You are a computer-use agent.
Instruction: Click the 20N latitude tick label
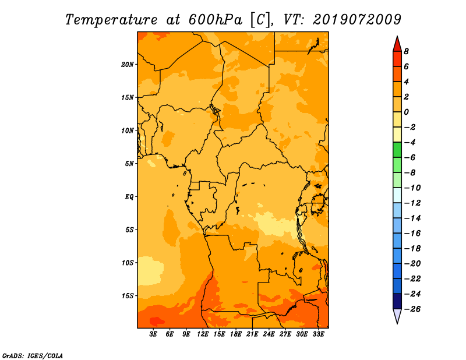point(128,65)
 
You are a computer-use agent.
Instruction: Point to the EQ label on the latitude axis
point(129,197)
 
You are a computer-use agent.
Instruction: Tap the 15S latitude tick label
point(128,296)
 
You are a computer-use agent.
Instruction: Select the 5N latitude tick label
point(129,164)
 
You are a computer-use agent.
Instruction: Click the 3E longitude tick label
point(153,334)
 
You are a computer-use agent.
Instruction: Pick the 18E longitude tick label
point(236,334)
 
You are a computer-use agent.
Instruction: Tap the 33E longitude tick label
point(318,334)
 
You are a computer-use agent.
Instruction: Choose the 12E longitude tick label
point(203,334)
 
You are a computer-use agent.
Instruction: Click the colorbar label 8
point(406,51)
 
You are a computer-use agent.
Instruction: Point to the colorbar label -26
point(412,309)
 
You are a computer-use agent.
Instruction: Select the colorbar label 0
point(406,112)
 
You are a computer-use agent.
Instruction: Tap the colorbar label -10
point(412,188)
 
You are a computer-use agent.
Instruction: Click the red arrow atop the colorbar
point(397,45)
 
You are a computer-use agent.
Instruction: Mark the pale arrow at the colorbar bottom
point(397,315)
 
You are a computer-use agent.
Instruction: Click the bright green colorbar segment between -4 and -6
point(397,150)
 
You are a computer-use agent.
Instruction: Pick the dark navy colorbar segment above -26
point(397,301)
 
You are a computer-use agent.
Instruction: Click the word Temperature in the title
point(111,20)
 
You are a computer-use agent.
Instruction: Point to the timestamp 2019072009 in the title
point(357,20)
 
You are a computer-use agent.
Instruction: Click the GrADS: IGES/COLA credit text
point(33,355)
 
